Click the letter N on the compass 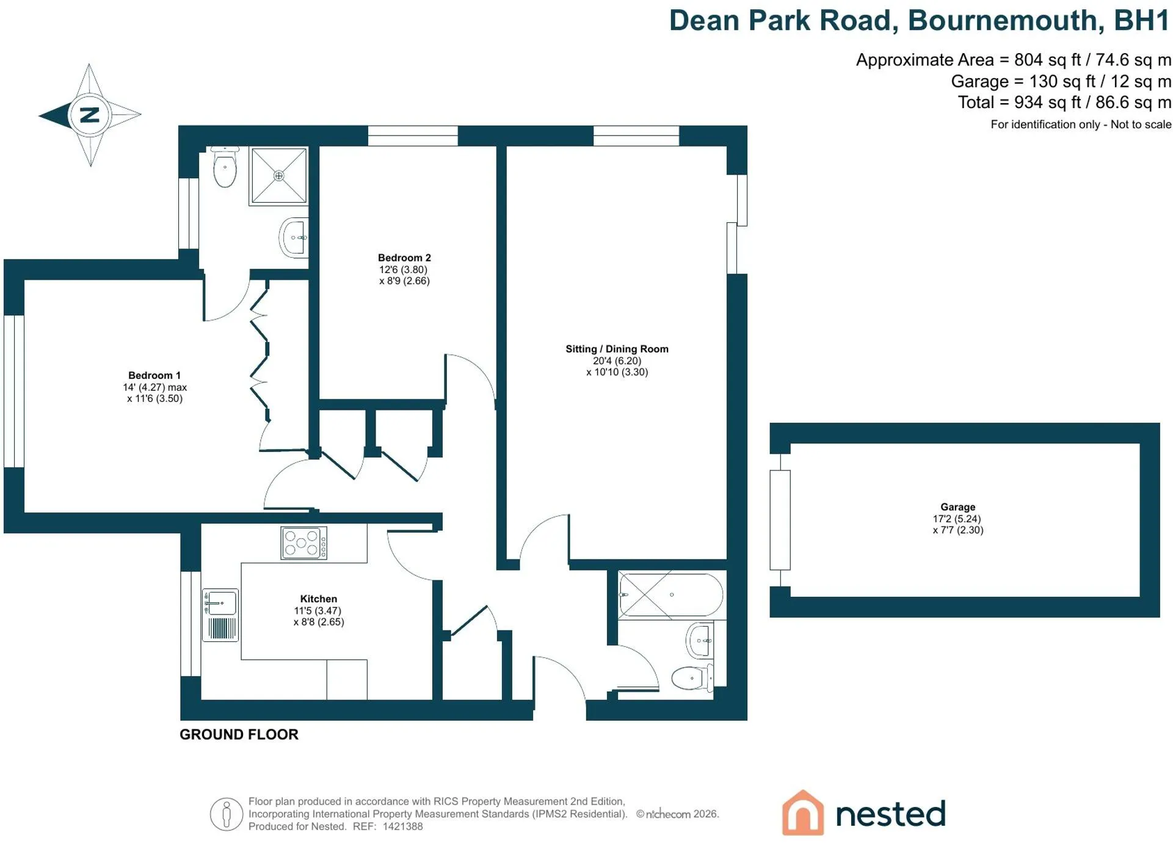pos(90,114)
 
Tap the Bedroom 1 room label pos(154,375)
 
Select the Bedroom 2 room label pos(404,258)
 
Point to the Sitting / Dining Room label pos(617,349)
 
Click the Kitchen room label pos(318,599)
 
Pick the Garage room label pos(957,507)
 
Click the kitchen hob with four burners pos(303,543)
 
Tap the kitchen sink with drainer pos(220,614)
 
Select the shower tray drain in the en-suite pos(278,176)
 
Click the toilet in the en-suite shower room pos(225,167)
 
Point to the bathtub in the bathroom pos(670,594)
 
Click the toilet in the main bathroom pos(692,677)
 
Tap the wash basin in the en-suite pos(294,238)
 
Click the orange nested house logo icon pos(802,812)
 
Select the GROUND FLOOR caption pos(239,734)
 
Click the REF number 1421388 pos(402,826)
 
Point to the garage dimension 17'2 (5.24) pos(957,519)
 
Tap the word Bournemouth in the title pos(1006,20)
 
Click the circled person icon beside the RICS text pos(227,814)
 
